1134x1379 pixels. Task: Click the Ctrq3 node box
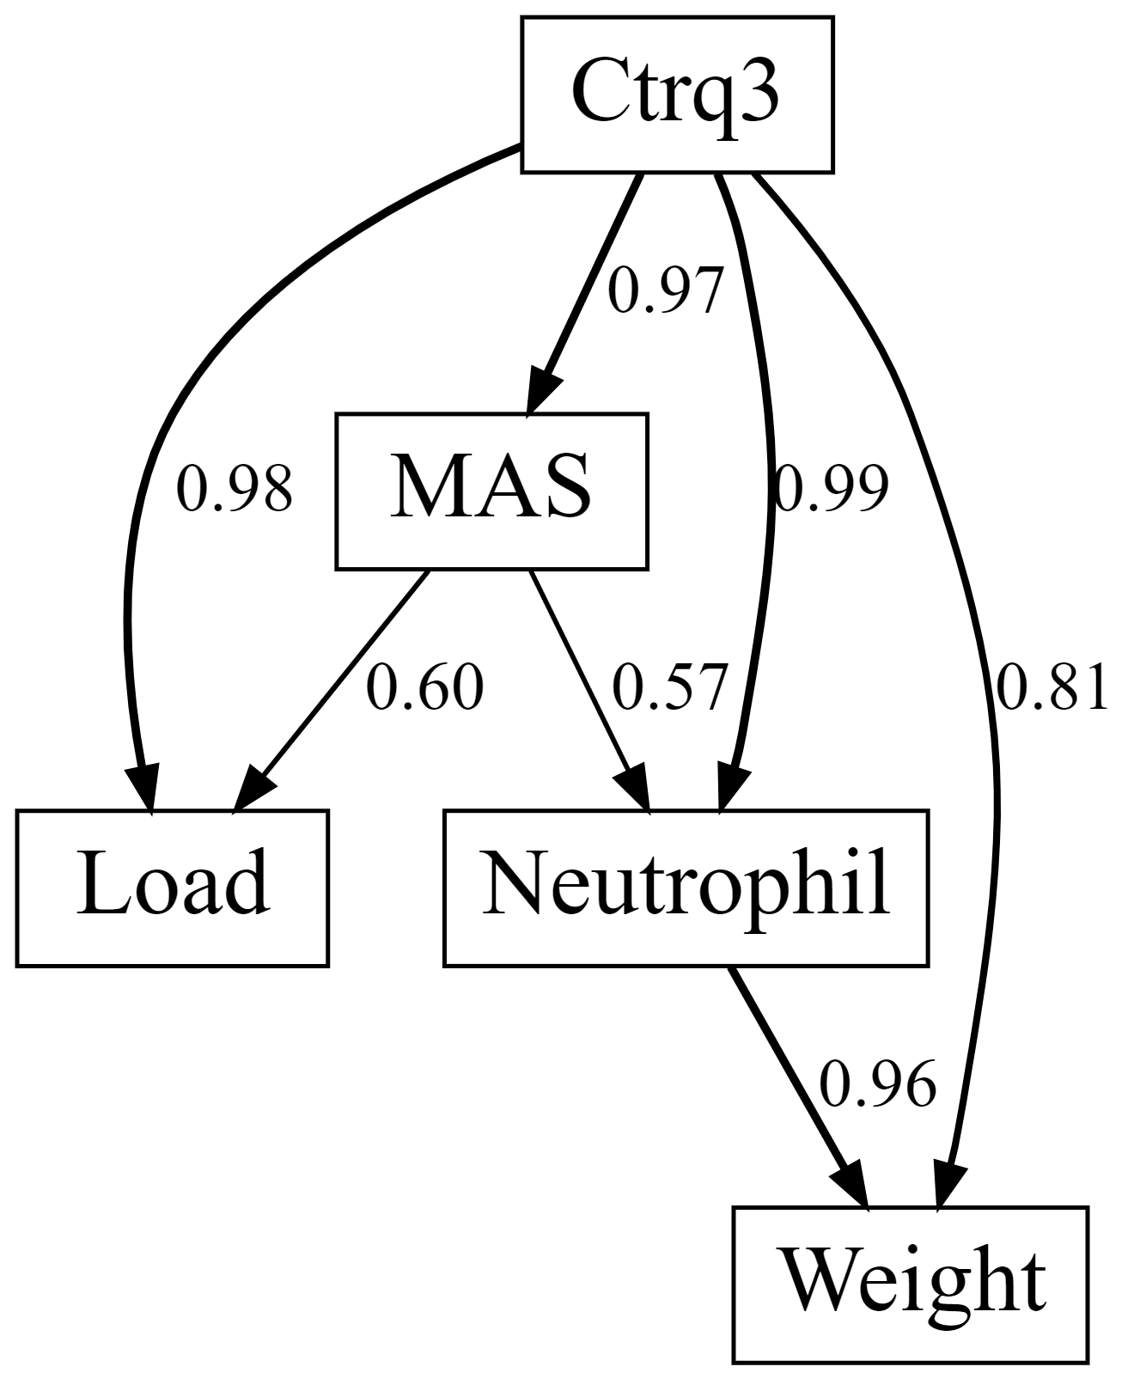tap(677, 95)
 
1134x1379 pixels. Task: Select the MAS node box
tap(491, 491)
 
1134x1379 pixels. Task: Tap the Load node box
tap(172, 887)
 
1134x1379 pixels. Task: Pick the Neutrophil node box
tap(686, 887)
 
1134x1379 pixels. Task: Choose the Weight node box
tap(910, 1284)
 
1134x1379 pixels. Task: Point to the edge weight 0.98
tap(235, 491)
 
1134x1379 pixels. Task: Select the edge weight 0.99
tap(829, 491)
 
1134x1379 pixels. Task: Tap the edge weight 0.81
tap(1052, 688)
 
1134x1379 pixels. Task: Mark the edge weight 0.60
tap(425, 688)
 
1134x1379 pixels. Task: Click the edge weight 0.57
tap(670, 688)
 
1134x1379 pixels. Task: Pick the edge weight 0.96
tap(876, 1085)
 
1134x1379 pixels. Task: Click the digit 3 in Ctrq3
tap(760, 93)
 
